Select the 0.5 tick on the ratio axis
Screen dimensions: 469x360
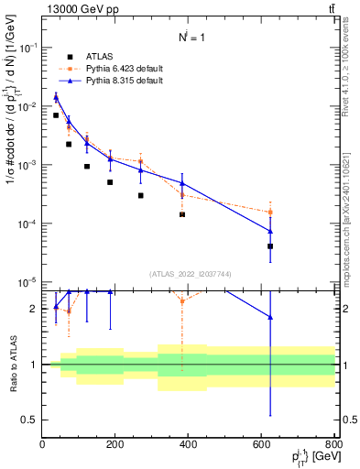29,420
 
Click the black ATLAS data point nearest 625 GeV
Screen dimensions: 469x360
270,246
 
